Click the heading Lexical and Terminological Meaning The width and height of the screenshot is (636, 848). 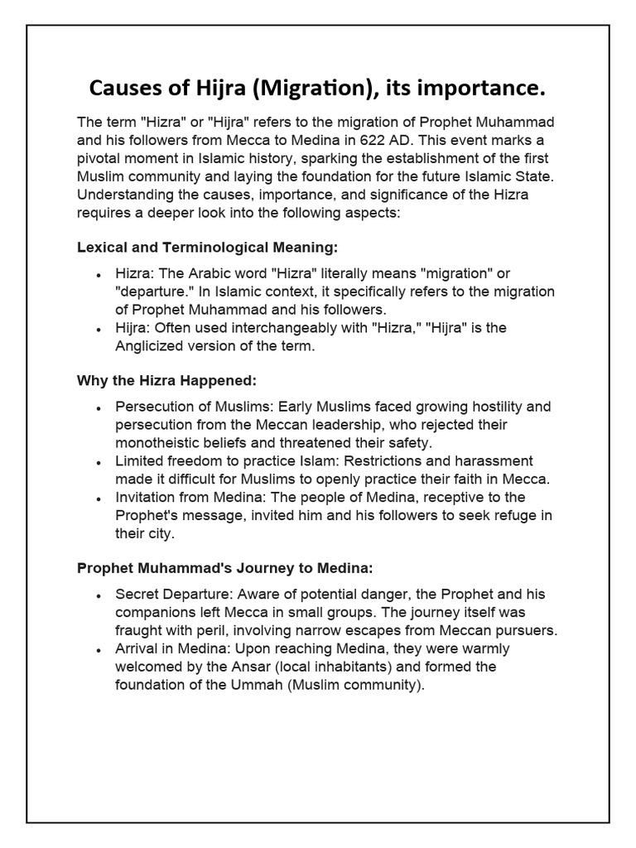tap(208, 247)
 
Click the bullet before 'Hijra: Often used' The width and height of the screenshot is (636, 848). tap(99, 329)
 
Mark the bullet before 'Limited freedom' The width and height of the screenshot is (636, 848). tap(99, 462)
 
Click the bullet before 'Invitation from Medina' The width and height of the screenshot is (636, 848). tap(99, 499)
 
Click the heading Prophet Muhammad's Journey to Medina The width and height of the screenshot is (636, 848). tap(225, 568)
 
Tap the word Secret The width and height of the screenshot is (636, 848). tap(137, 595)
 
